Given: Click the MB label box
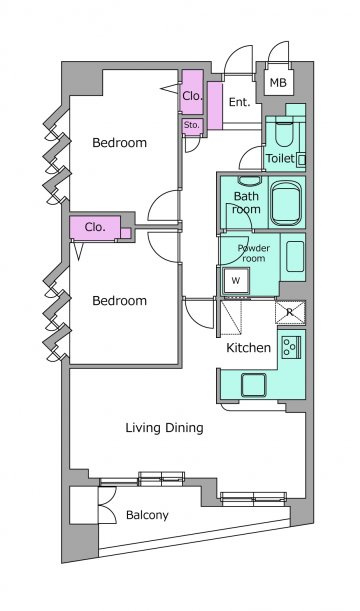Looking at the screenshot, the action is [278, 82].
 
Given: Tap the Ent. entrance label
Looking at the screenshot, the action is [239, 102].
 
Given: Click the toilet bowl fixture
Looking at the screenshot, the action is [284, 134].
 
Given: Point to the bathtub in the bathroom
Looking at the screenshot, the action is [286, 203].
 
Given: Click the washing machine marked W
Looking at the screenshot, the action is [235, 281].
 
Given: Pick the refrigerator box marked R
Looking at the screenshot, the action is [290, 312].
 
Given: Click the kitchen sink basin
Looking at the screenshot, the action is [253, 385].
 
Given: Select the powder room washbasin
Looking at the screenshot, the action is [295, 256].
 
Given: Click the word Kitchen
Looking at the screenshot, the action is [249, 348].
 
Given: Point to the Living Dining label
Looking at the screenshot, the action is [164, 428].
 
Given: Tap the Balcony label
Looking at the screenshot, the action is [147, 515].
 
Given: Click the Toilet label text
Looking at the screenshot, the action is [280, 158].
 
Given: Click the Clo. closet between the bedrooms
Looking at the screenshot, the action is [95, 227].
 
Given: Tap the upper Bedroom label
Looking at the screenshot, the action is [119, 143].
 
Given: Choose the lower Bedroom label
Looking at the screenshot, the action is [119, 300].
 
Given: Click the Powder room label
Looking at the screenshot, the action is [254, 253].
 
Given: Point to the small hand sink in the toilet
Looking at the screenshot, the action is [301, 160].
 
